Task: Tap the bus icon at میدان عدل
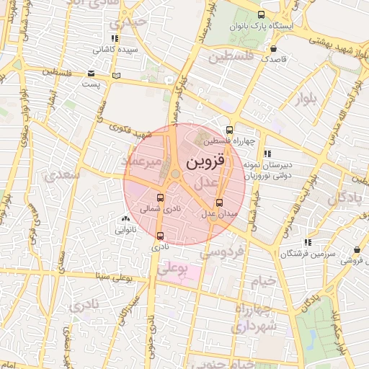(x=219, y=203)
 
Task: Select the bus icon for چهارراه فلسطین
(x=229, y=130)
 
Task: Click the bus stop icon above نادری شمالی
(x=160, y=197)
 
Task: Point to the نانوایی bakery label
(x=125, y=231)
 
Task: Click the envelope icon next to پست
(x=91, y=74)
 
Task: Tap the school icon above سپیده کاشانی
(x=115, y=38)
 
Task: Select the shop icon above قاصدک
(x=274, y=49)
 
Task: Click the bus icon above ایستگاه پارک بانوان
(x=260, y=14)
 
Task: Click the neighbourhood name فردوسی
(x=223, y=252)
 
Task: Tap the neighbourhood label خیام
(x=262, y=280)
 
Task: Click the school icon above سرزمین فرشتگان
(x=308, y=242)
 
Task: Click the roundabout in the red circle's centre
(x=175, y=173)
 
